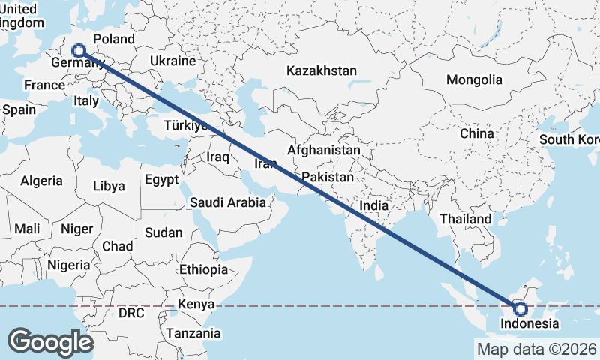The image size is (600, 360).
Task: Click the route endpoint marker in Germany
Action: (x=78, y=51)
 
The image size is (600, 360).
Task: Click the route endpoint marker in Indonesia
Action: (x=520, y=308)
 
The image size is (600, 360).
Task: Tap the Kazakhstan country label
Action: (x=322, y=70)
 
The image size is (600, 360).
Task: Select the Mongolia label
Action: (x=474, y=79)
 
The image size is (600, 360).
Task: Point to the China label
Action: (x=477, y=133)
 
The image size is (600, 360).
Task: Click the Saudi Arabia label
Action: (x=228, y=202)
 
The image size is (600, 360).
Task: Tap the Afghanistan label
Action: (x=323, y=150)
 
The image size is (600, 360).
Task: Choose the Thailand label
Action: (x=466, y=219)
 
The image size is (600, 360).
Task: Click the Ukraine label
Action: (x=172, y=61)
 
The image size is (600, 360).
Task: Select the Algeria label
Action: (x=42, y=181)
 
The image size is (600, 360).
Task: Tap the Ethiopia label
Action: (x=203, y=269)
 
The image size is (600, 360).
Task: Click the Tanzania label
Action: (x=193, y=333)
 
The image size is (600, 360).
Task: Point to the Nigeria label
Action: (x=69, y=265)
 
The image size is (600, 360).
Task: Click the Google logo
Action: (x=50, y=342)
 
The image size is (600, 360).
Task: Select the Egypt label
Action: (x=161, y=180)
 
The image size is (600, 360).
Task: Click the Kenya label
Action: (x=196, y=304)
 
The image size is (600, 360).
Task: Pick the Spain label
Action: (x=19, y=109)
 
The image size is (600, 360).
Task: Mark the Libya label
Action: (x=109, y=186)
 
